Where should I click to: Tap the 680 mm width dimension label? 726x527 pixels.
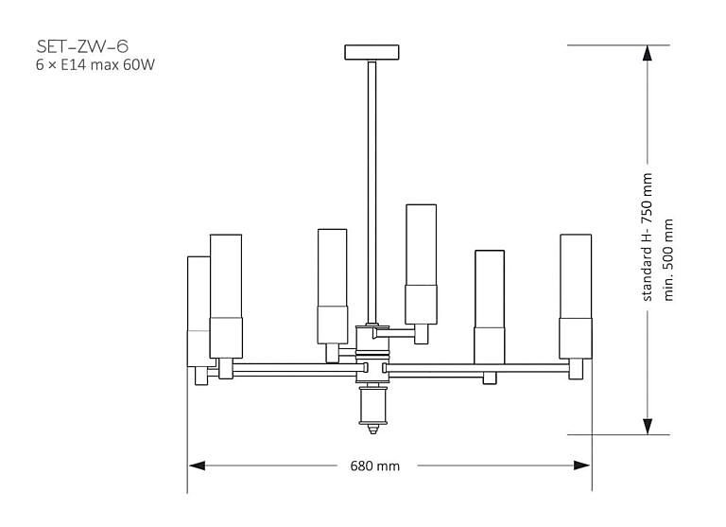[375, 466]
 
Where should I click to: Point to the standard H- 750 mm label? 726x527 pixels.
[648, 237]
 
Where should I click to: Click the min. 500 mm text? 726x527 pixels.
[669, 259]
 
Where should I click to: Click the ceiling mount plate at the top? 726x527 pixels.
[373, 51]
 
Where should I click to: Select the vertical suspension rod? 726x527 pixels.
[372, 189]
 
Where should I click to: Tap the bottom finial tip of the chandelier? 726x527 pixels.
[373, 429]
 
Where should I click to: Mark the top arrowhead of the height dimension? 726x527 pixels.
[647, 53]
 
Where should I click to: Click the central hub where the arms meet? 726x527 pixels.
[373, 364]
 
